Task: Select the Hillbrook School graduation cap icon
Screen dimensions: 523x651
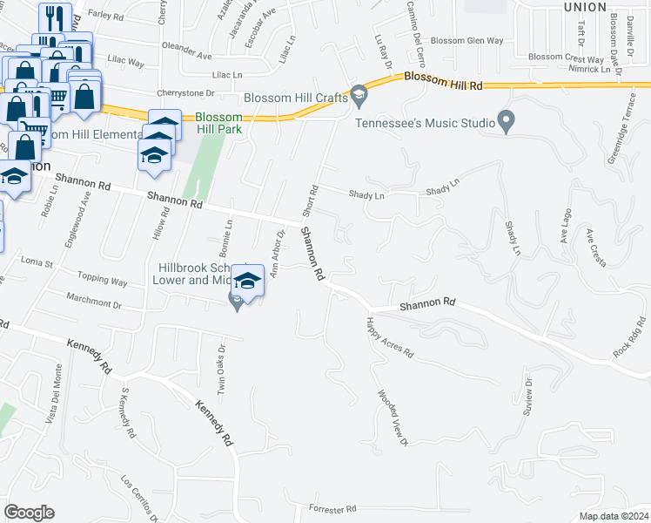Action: click(247, 281)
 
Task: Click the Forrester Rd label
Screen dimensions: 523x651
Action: click(333, 508)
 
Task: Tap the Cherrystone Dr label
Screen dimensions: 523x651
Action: click(185, 93)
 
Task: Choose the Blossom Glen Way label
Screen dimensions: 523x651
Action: click(467, 41)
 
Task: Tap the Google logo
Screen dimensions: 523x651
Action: click(30, 512)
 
